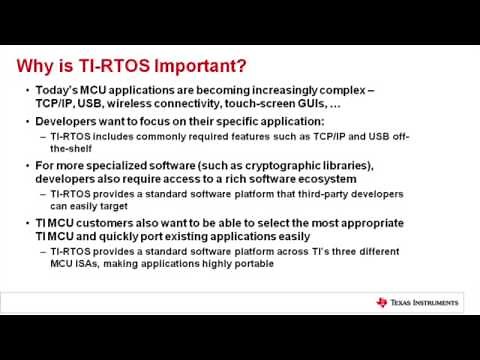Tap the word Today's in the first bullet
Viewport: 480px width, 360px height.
point(56,91)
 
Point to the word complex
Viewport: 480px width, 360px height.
point(338,91)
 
